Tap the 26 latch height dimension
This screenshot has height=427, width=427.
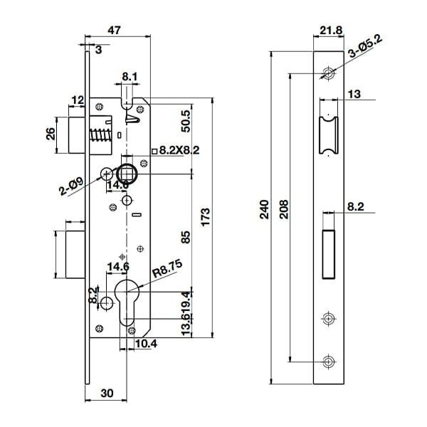pyautogui.click(x=51, y=134)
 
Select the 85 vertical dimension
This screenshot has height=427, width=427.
pyautogui.click(x=186, y=237)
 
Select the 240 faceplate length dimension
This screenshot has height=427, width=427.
pyautogui.click(x=265, y=210)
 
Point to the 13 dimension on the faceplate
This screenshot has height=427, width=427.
pyautogui.click(x=354, y=94)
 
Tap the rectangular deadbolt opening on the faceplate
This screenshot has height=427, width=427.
pyautogui.click(x=328, y=253)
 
